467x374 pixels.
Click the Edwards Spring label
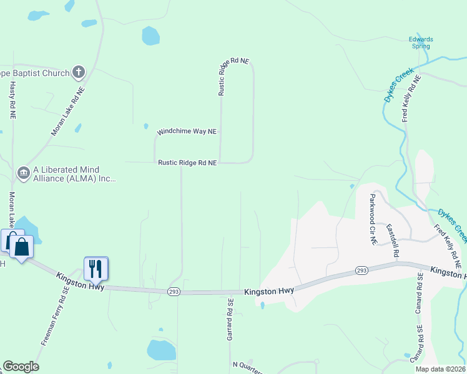pyautogui.click(x=421, y=42)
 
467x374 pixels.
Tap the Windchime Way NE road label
pyautogui.click(x=187, y=132)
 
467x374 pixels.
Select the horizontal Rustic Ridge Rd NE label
pyautogui.click(x=187, y=163)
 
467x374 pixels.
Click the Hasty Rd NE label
pyautogui.click(x=12, y=100)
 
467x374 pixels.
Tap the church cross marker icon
pyautogui.click(x=79, y=73)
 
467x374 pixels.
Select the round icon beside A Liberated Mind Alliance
pyautogui.click(x=24, y=172)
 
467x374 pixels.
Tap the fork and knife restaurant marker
pyautogui.click(x=96, y=269)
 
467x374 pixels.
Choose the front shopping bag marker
pyautogui.click(x=22, y=247)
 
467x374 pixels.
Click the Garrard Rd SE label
pyautogui.click(x=230, y=319)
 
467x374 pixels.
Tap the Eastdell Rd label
pyautogui.click(x=392, y=241)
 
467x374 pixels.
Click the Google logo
pyautogui.click(x=21, y=367)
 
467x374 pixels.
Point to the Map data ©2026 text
pyautogui.click(x=440, y=369)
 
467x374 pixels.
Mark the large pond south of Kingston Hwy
pyautogui.click(x=161, y=350)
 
